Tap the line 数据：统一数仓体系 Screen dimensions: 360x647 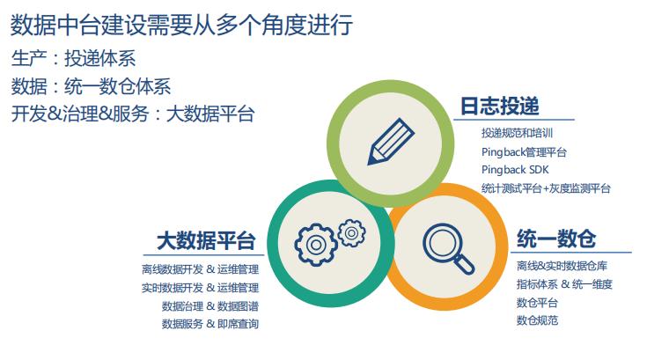[91, 86]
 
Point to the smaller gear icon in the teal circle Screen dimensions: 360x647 [351, 231]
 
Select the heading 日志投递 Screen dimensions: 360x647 [499, 107]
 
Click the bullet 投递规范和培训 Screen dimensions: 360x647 [517, 134]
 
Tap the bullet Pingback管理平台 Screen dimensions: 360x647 [524, 152]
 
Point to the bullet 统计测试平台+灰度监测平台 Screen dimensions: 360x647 [546, 188]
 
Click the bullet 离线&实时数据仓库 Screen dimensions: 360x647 [562, 266]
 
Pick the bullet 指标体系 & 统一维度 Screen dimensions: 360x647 [564, 284]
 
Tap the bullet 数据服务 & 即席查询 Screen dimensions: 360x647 [210, 324]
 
